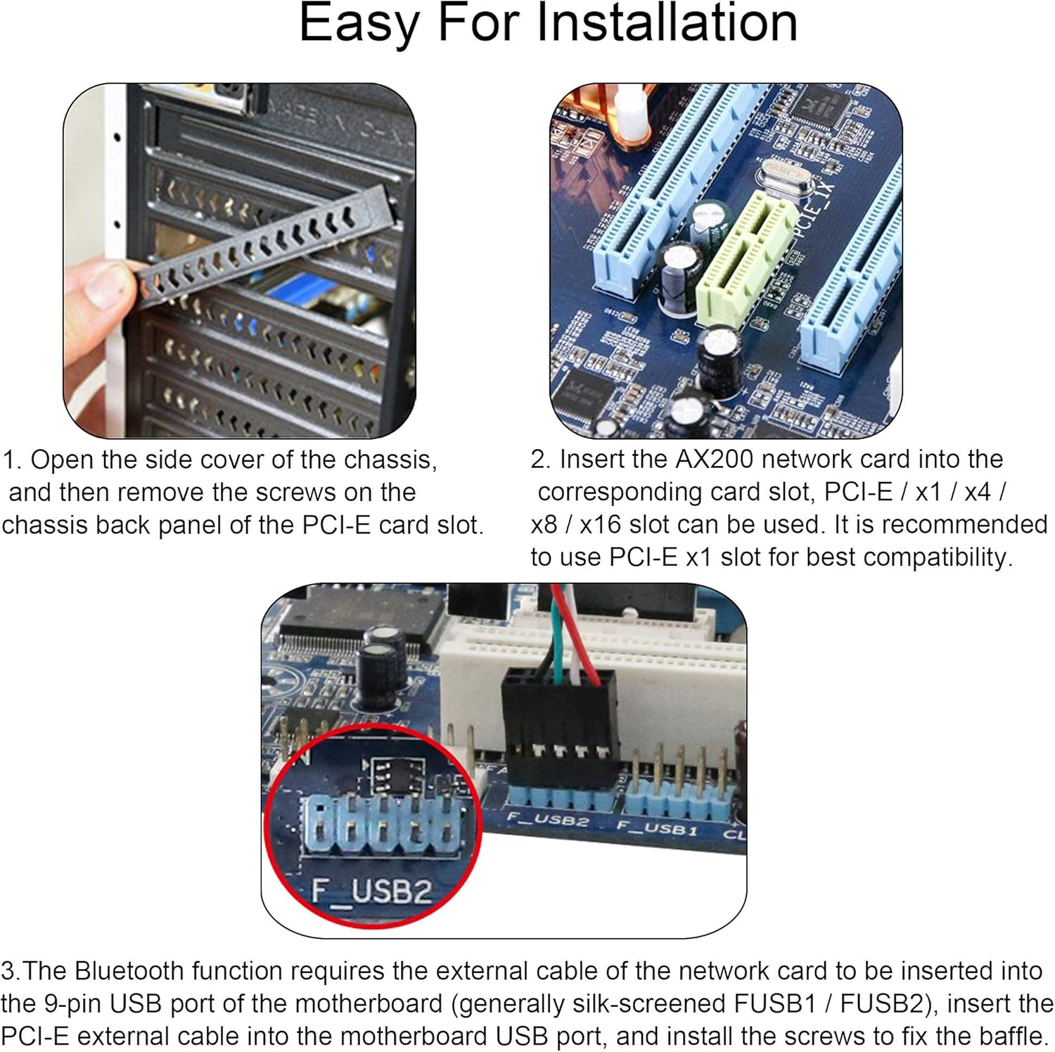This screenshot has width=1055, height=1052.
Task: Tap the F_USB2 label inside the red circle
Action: (371, 892)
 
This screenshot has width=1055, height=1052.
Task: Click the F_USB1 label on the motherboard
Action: (657, 828)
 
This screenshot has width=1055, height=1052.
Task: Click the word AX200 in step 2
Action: (715, 460)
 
